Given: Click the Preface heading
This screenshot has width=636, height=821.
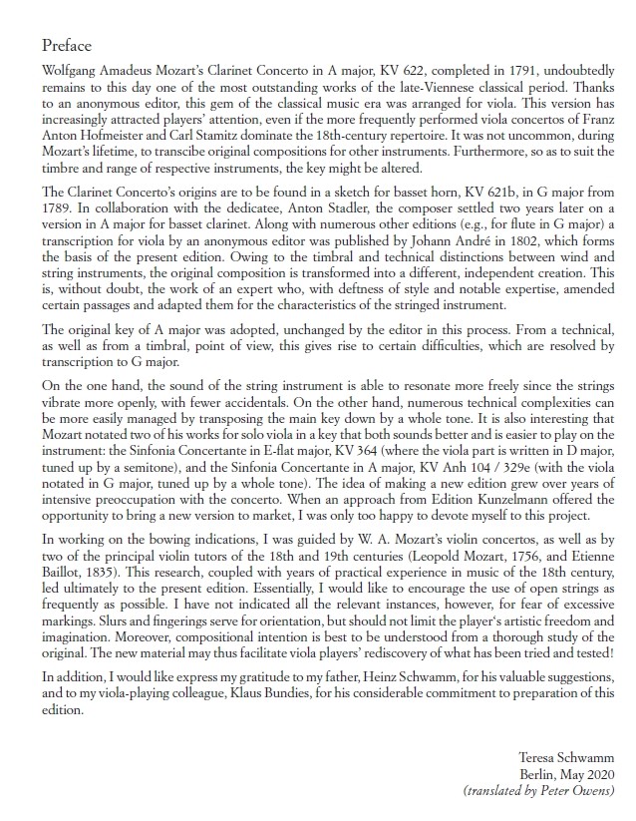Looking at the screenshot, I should click(67, 46).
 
